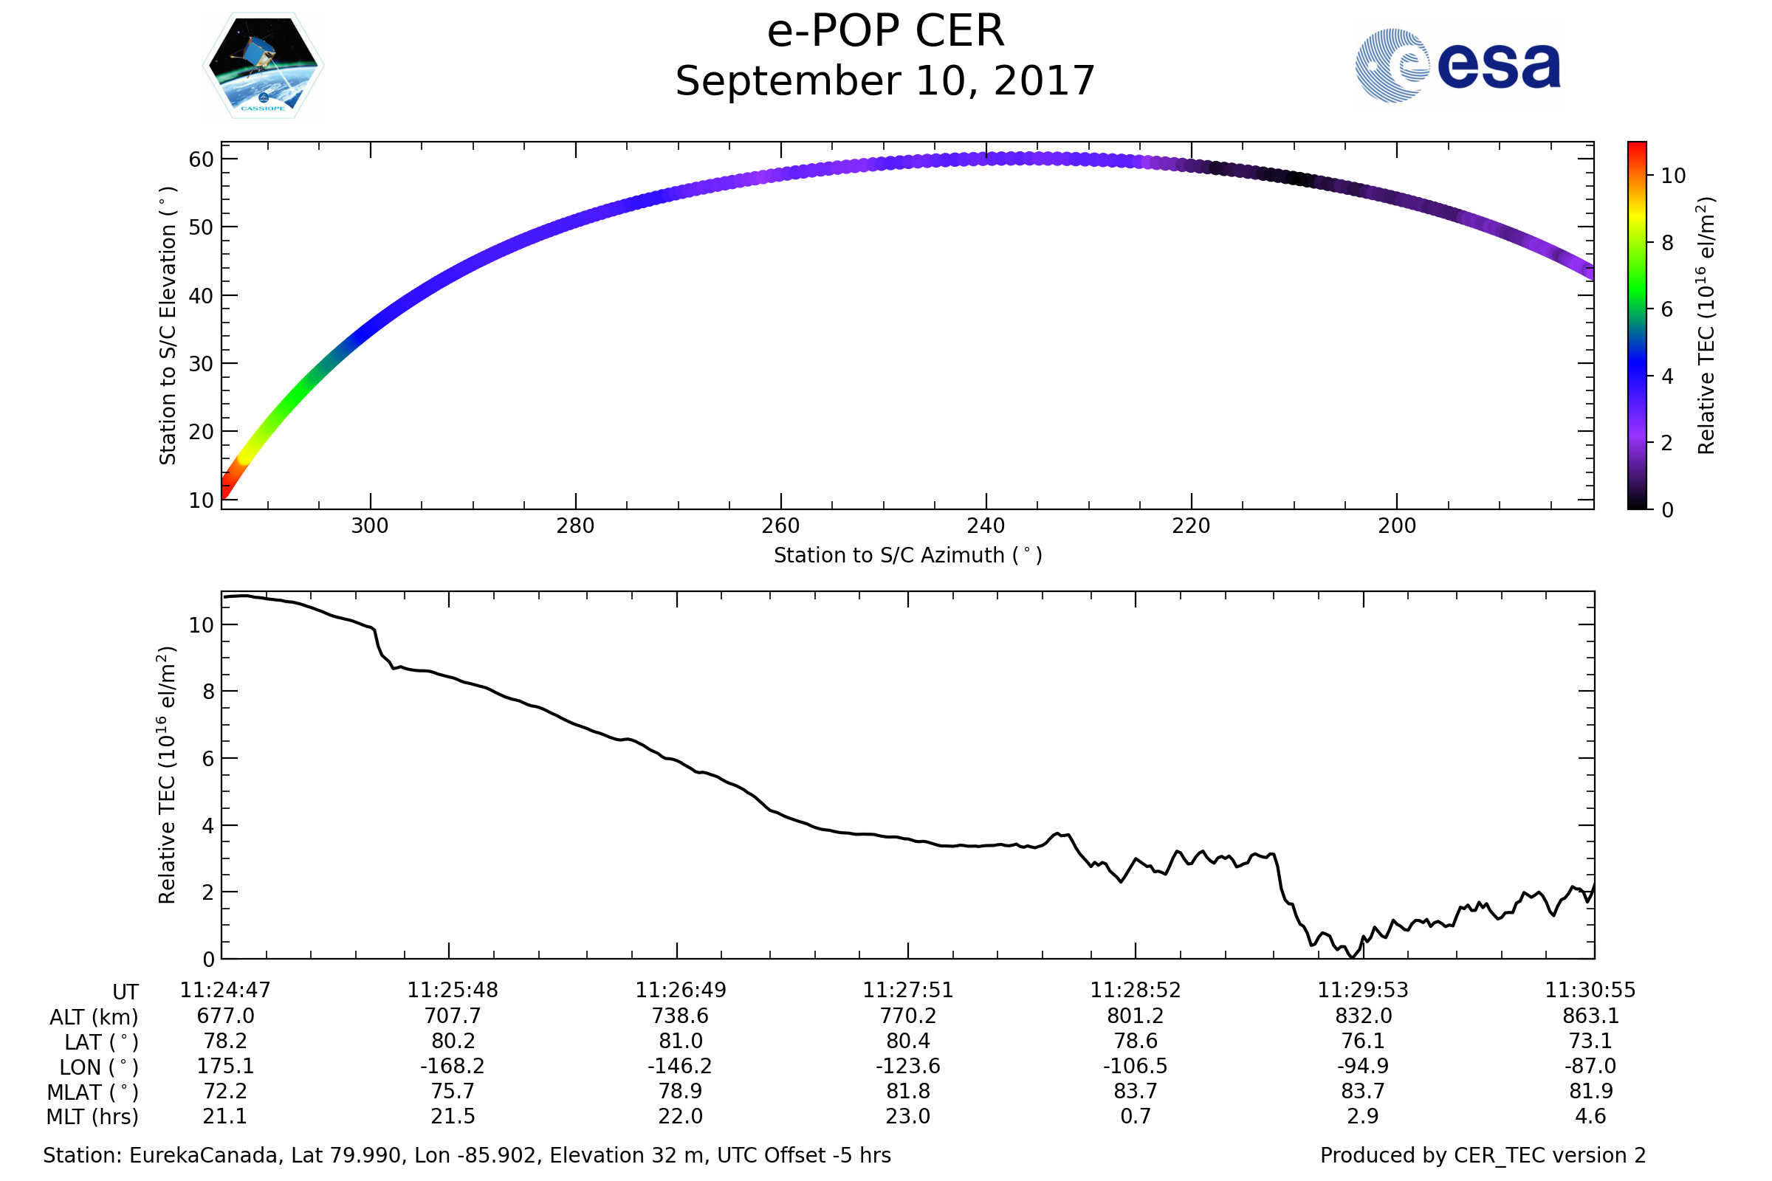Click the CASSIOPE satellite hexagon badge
[263, 66]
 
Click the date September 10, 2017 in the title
[885, 81]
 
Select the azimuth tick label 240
[986, 526]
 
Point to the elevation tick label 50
[201, 227]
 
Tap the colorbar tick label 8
[1667, 243]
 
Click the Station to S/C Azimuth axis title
[908, 555]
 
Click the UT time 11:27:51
[908, 990]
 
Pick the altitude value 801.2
[1136, 1016]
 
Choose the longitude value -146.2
[679, 1066]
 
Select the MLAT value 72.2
[225, 1091]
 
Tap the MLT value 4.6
[1590, 1115]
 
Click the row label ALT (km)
[95, 1018]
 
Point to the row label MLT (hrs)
[93, 1117]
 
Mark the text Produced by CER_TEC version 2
[1483, 1155]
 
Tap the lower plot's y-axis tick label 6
[209, 759]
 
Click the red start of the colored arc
[226, 491]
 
